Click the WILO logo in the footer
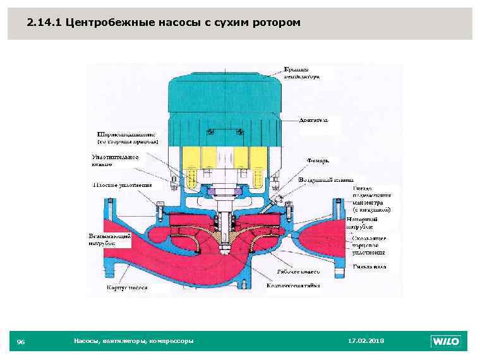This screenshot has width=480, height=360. [x=446, y=342]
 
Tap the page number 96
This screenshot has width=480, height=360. [x=21, y=342]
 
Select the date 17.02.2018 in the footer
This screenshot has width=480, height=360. [x=366, y=341]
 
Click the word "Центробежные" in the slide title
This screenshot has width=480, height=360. [x=104, y=23]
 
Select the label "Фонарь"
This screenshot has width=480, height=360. [x=318, y=160]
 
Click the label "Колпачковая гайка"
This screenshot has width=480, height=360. [x=293, y=285]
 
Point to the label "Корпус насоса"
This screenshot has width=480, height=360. [x=126, y=287]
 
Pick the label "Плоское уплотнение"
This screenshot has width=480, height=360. [x=123, y=185]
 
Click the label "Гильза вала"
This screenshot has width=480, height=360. [x=369, y=267]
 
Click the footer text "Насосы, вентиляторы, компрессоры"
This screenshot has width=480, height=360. [x=134, y=341]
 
